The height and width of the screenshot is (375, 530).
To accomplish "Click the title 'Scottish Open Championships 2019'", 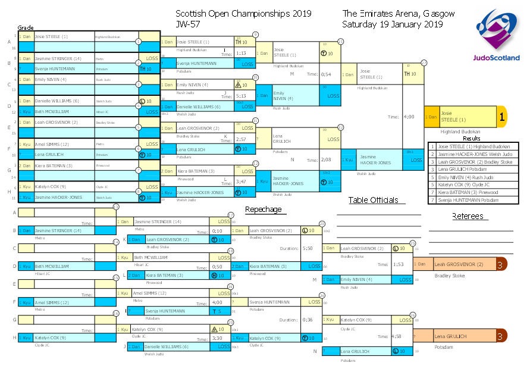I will pos(244,13).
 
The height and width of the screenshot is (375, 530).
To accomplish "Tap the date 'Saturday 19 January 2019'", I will pos(393,24).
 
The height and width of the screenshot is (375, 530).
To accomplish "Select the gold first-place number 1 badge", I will pos(502,117).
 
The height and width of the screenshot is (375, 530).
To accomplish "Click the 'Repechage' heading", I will pos(264,209).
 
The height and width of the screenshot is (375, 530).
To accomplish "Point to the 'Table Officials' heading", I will pos(373,200).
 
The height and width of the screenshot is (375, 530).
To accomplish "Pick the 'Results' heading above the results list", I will pos(472,138).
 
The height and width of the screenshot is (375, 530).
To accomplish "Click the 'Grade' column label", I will pos(26,27).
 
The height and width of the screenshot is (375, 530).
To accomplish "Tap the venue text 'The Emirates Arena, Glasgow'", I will pos(399,13).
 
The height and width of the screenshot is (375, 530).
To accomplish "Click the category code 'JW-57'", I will pos(187,24).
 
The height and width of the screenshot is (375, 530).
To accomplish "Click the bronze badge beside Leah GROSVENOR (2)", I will pos(501,264).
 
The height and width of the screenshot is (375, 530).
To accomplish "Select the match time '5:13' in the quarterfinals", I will pos(242,95).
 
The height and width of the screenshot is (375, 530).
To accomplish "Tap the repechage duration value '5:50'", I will pos(308,248).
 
